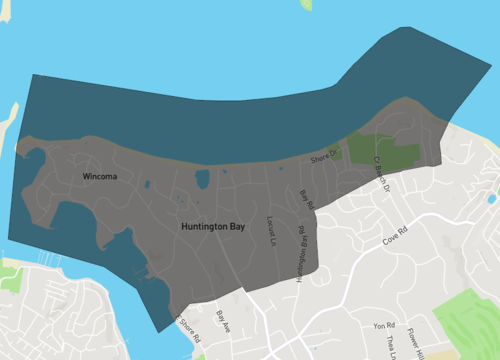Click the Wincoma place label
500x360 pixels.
coord(100,177)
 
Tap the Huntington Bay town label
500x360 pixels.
coord(213,227)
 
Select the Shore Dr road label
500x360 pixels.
coord(325,157)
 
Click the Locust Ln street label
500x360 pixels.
coord(270,233)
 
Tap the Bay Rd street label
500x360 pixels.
coord(307,199)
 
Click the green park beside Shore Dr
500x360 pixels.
coord(385,151)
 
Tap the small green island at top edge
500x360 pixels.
coord(306,4)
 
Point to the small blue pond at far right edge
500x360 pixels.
coord(492,197)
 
